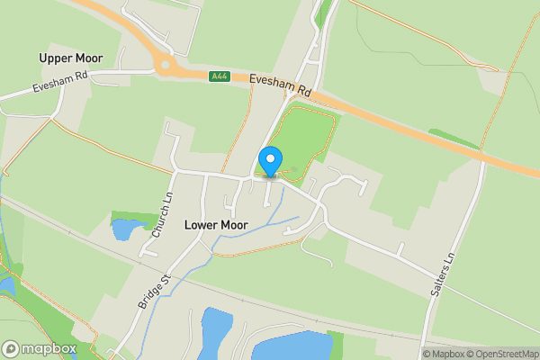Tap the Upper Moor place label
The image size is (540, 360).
71,58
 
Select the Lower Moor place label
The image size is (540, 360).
216,224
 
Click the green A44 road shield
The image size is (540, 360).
219,76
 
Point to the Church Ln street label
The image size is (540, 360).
160,216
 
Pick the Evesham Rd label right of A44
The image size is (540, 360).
280,85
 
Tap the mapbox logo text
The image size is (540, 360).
49,348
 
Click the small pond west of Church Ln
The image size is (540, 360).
121,229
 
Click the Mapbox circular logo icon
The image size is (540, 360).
12,348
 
